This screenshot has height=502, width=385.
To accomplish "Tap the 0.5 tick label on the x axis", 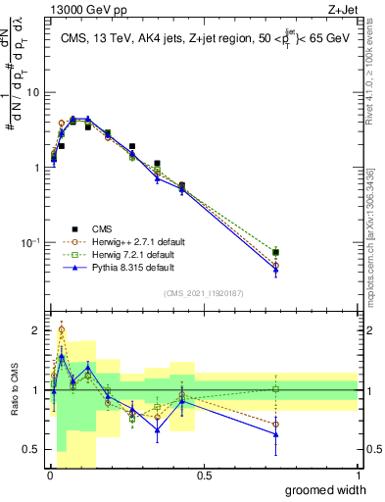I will [204, 476].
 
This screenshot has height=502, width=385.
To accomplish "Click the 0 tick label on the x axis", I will [49, 476].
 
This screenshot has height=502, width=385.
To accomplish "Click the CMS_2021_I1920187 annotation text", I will [204, 292].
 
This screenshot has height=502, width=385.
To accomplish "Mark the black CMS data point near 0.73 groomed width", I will [276, 252].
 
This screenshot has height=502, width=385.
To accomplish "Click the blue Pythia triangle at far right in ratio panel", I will [276, 434].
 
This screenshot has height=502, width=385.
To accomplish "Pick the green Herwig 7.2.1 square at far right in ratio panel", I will [276, 389].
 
